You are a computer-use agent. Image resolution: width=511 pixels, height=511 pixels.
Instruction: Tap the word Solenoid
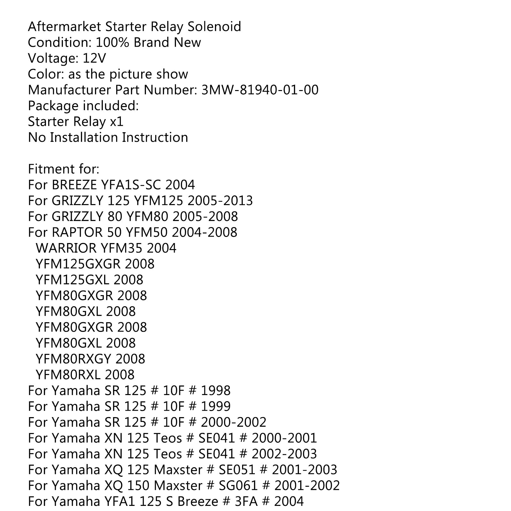pos(214,27)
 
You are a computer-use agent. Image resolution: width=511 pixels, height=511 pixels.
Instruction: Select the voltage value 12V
pos(95,58)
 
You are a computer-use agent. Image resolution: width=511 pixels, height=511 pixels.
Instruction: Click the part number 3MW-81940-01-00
pos(260,90)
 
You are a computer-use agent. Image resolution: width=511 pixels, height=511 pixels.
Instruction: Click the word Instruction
pos(155,137)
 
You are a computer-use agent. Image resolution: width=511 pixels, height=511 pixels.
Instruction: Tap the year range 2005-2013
pos(220,201)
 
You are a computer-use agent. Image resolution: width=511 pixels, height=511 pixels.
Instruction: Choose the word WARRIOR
pos(66,248)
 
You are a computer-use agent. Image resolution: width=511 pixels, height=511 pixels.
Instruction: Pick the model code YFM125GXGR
pos(78,264)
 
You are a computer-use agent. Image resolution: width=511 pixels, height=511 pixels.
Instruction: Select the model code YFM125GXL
pos(72,280)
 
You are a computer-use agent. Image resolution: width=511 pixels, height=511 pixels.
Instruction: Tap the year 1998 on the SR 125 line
pos(216,391)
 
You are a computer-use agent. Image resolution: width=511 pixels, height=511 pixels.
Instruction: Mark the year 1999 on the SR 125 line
pos(216,406)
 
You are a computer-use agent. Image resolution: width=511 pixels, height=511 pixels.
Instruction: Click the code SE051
pos(237,470)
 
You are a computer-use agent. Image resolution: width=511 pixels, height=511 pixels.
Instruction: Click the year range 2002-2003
pos(284,454)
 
